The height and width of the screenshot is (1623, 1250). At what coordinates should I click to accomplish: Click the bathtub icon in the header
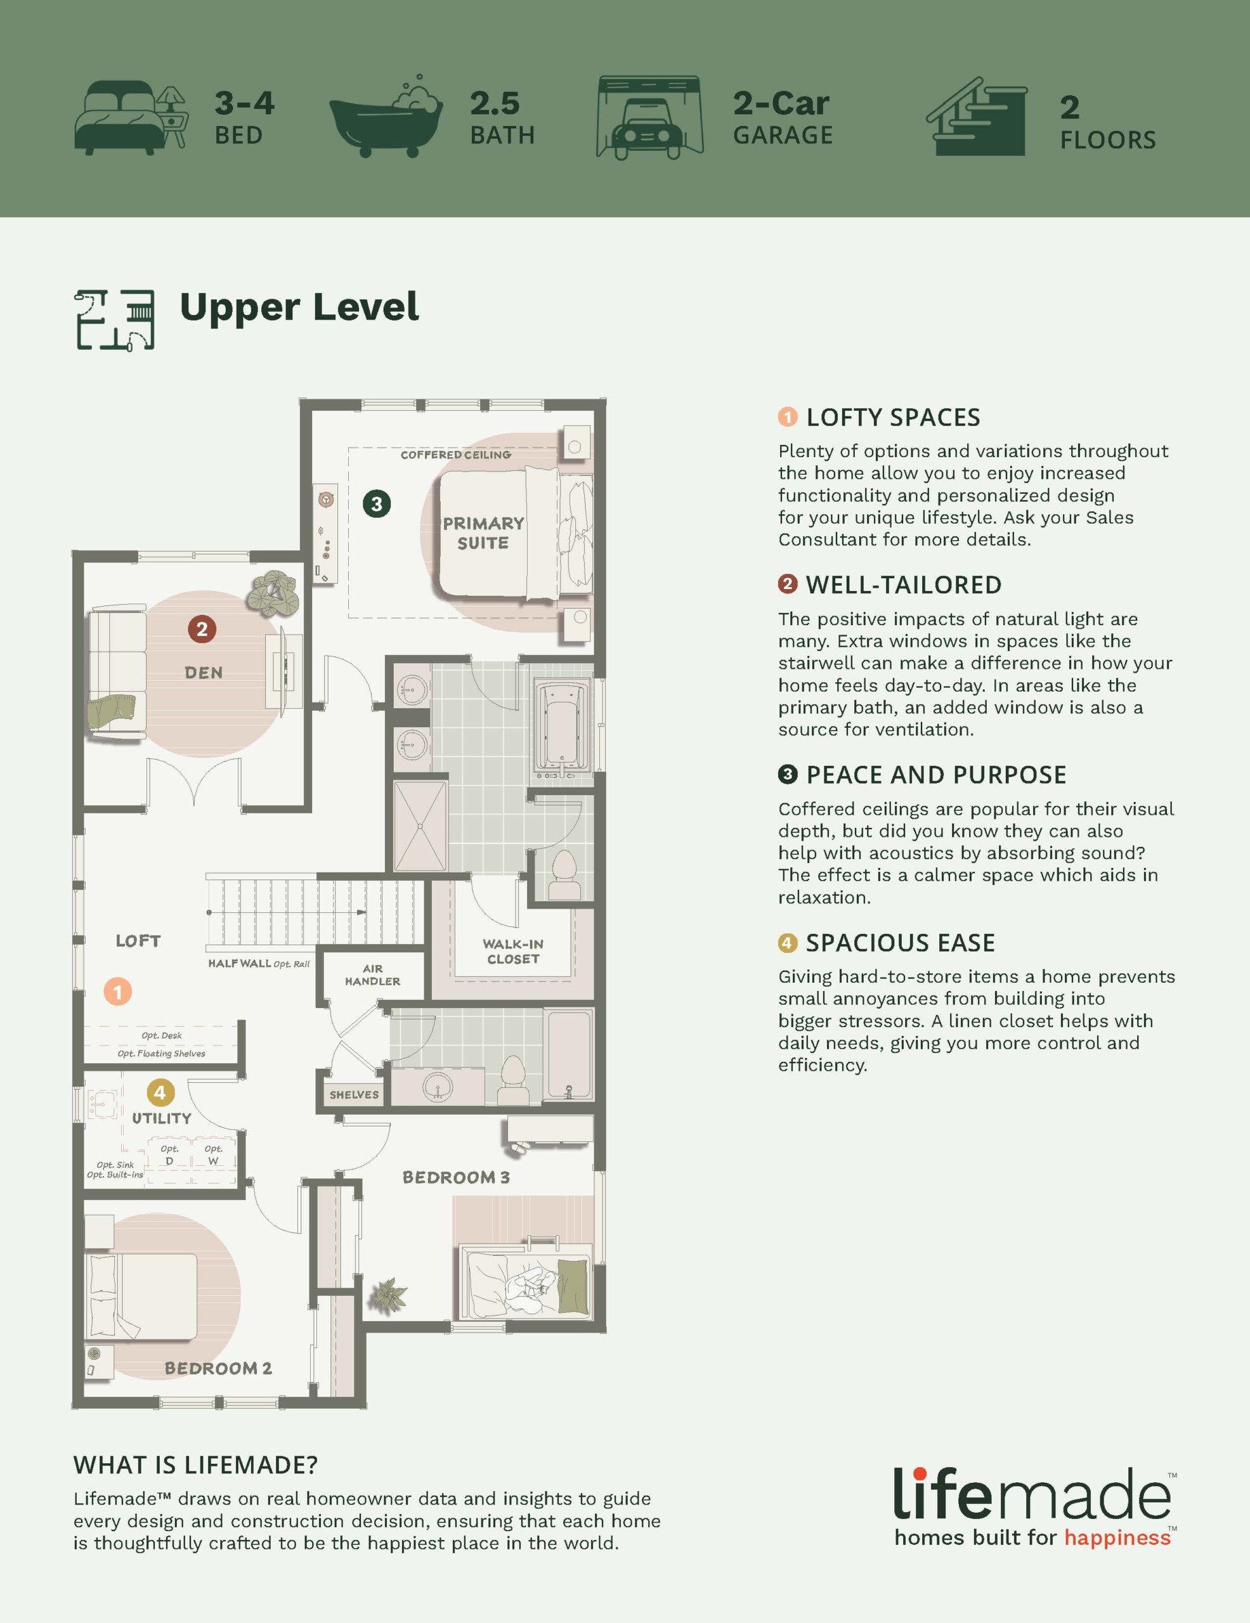[386, 117]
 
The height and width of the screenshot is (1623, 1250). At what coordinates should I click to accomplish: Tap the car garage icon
[649, 117]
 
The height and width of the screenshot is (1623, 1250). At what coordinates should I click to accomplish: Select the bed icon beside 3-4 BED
[131, 119]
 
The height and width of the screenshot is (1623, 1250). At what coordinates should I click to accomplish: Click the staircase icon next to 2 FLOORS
[976, 117]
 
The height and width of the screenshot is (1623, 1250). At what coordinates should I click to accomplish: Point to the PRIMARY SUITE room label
[483, 533]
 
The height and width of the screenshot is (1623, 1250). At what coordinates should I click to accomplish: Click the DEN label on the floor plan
[204, 673]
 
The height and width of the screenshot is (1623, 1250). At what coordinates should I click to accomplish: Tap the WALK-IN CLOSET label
[513, 951]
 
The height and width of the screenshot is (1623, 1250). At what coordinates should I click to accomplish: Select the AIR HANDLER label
[372, 975]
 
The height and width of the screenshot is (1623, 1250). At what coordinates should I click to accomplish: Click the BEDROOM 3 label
[455, 1178]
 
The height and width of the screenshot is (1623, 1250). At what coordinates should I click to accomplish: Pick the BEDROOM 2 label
[218, 1368]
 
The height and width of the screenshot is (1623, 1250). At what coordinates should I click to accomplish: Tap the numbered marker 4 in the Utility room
[160, 1093]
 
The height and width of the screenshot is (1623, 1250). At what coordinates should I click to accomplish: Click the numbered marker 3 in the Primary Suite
[377, 504]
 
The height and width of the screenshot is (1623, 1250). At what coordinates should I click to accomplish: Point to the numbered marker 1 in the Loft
[117, 992]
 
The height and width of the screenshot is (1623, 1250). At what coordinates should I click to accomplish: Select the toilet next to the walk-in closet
[565, 876]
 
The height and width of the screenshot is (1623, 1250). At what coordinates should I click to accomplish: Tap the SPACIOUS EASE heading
[900, 943]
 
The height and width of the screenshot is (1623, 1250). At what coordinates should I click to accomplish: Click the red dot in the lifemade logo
[920, 1473]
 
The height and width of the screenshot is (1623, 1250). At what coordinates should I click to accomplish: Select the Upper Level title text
[299, 307]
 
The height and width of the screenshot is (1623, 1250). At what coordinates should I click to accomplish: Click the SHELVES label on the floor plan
[354, 1095]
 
